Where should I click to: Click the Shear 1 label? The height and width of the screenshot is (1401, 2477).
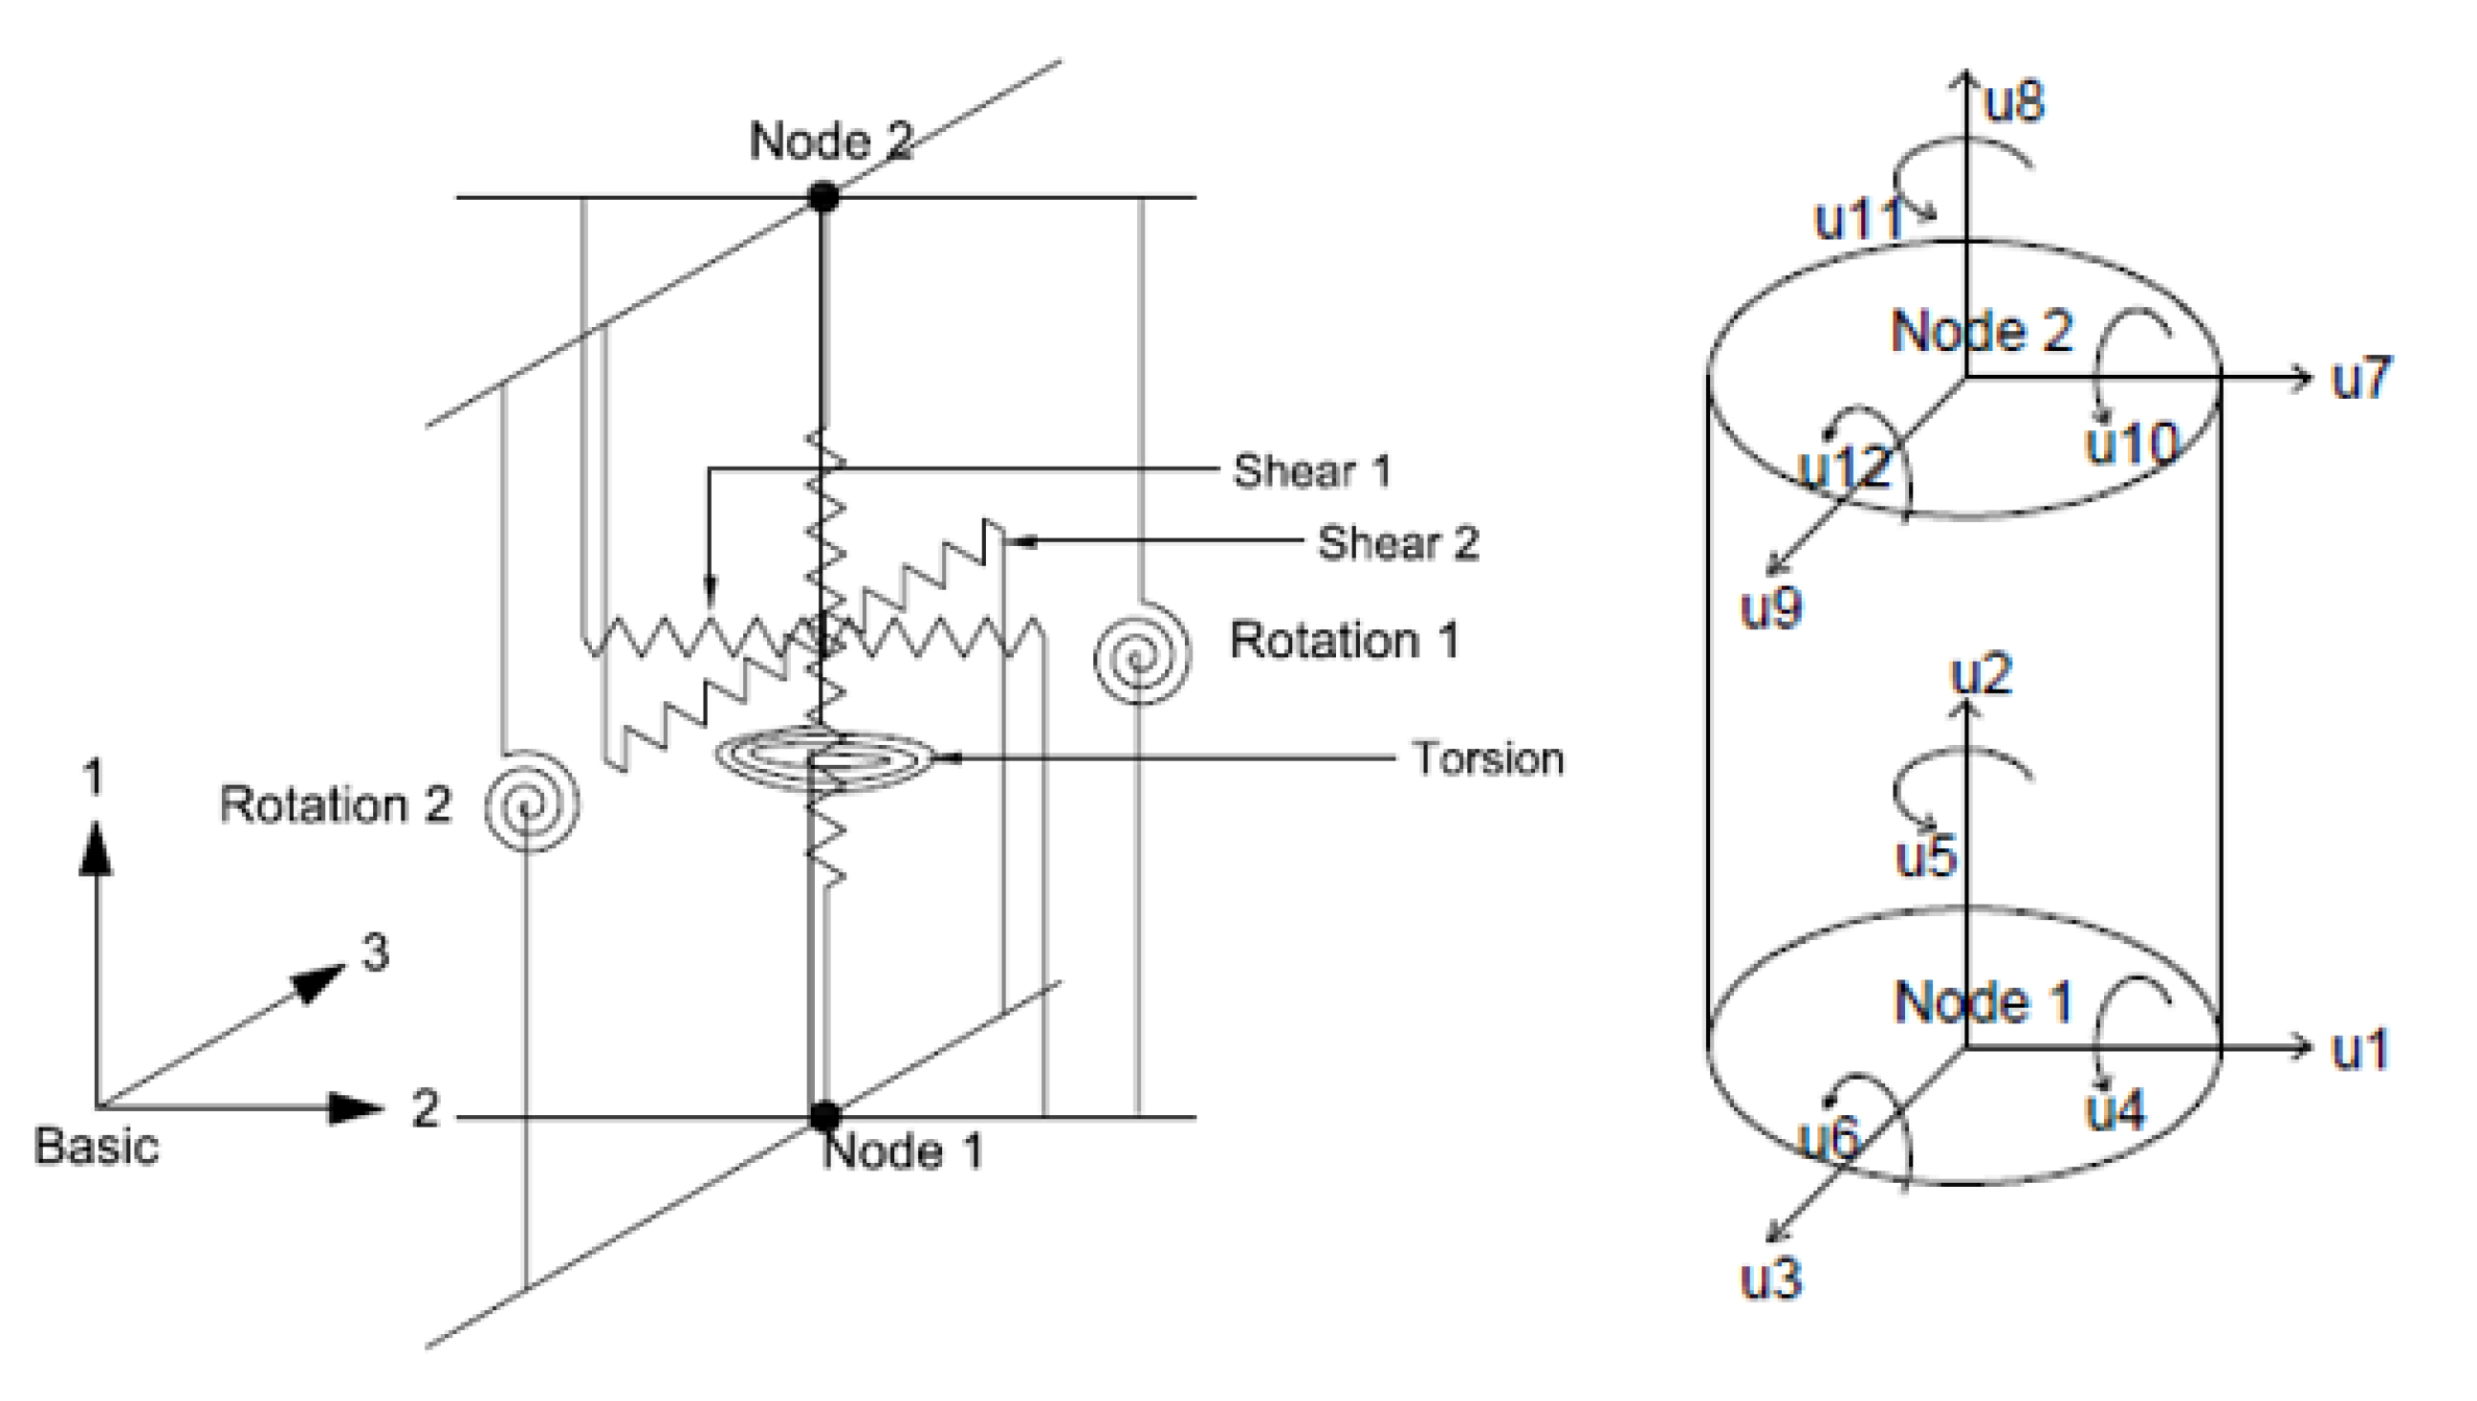coord(1310,471)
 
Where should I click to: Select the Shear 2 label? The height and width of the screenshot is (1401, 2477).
coord(1396,543)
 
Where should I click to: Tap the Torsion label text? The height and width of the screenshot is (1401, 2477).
coord(1486,759)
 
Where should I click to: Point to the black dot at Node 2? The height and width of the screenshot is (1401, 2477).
coord(822,197)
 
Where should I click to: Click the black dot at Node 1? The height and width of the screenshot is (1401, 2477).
coord(824,1117)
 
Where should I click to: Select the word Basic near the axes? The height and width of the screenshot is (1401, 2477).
coord(97,1147)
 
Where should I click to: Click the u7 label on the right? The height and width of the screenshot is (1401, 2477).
coord(2359,378)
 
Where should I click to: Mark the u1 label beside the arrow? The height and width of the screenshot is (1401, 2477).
coord(2359,1049)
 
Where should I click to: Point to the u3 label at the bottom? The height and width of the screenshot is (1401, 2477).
coord(1770,1279)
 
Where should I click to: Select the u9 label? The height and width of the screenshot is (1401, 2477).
coord(1770,608)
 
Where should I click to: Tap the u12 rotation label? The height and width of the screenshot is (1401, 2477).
coord(1844,468)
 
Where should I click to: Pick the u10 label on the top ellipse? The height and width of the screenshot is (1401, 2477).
coord(2131,445)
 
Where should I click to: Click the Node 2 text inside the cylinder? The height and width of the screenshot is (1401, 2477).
coord(1981,332)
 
